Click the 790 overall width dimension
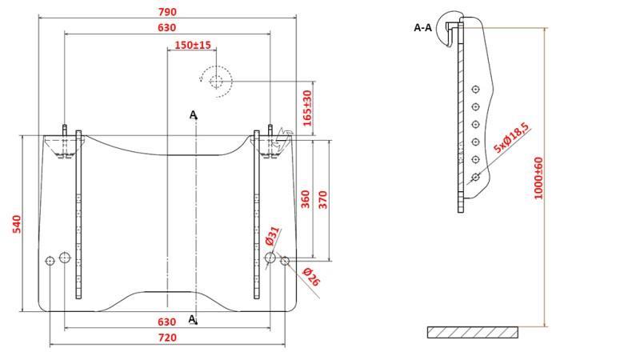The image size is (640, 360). click(x=167, y=12)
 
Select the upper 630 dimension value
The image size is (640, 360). click(x=167, y=28)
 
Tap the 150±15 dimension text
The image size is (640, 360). click(x=192, y=45)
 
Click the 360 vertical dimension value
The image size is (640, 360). click(x=306, y=198)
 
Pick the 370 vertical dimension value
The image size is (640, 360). click(x=323, y=198)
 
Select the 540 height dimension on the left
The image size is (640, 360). click(x=17, y=224)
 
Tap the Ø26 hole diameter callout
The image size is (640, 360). click(x=311, y=277)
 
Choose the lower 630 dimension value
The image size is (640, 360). click(x=167, y=322)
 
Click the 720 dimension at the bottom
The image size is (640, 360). click(x=167, y=338)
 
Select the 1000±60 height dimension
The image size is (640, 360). click(x=538, y=178)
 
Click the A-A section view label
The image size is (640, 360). click(x=422, y=27)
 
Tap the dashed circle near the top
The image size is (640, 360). click(x=216, y=80)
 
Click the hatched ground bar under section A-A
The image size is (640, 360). click(x=472, y=331)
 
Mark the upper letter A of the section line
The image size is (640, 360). click(x=193, y=115)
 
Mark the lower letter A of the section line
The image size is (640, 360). click(x=192, y=318)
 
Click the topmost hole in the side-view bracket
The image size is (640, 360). click(x=475, y=90)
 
